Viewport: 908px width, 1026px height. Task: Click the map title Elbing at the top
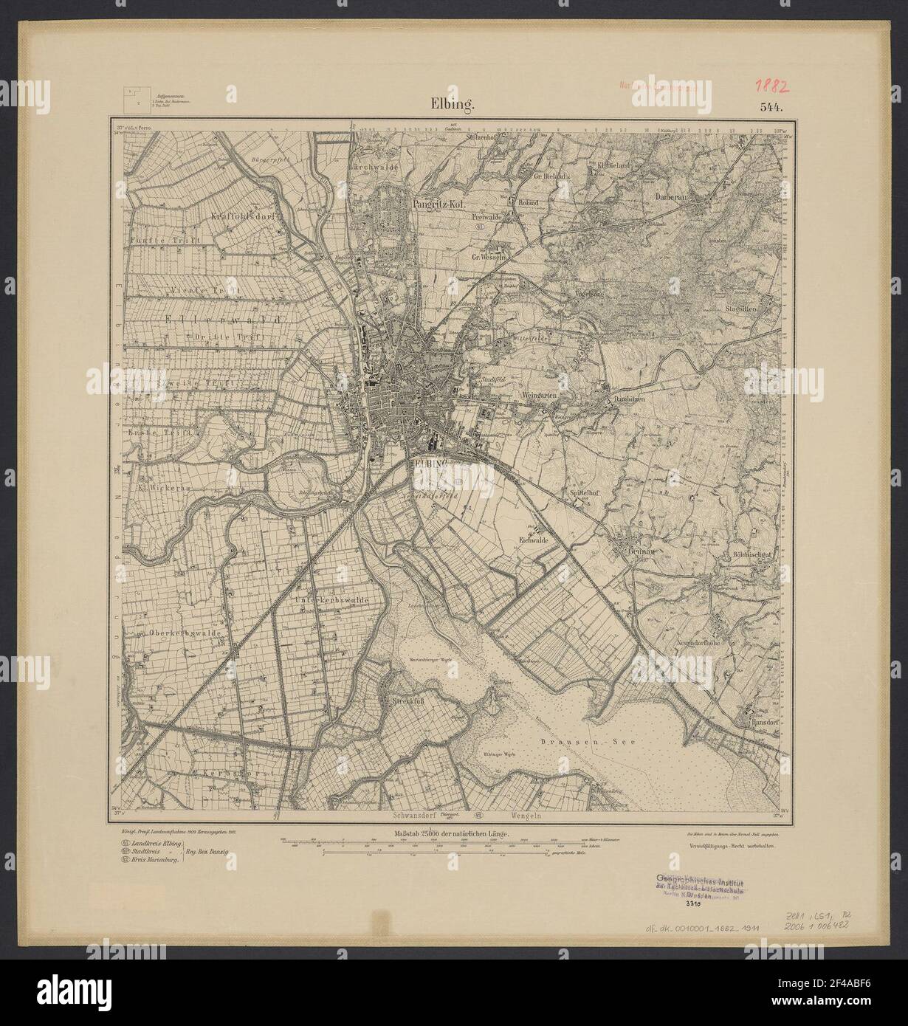pyautogui.click(x=453, y=104)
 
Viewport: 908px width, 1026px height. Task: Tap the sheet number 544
pyautogui.click(x=773, y=106)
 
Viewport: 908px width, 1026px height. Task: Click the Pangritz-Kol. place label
pyautogui.click(x=438, y=198)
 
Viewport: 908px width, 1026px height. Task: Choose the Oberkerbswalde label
pyautogui.click(x=176, y=631)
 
